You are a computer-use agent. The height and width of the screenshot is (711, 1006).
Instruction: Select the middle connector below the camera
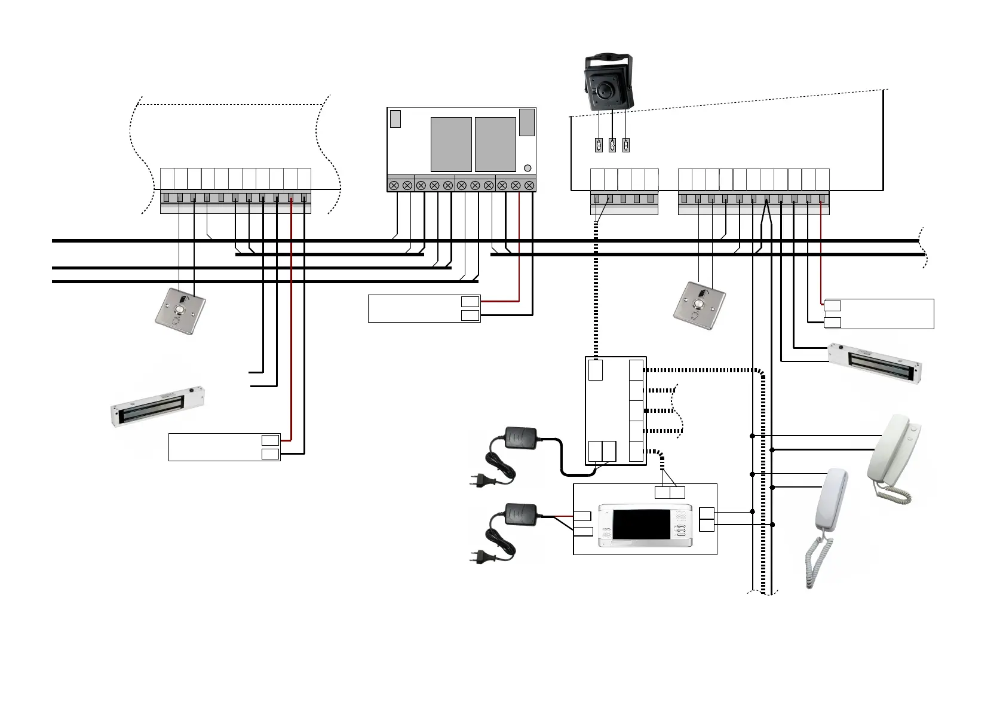(612, 145)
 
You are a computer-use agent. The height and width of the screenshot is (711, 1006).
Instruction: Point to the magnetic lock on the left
(159, 406)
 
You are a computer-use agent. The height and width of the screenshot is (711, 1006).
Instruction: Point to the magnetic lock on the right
(875, 363)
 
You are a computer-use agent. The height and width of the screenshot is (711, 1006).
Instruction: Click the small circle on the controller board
(527, 168)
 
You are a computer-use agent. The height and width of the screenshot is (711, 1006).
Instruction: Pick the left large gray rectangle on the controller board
(451, 144)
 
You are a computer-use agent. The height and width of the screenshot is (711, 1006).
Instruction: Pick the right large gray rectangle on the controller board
(495, 144)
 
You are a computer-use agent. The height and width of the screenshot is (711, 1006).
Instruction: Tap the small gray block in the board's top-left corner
(395, 118)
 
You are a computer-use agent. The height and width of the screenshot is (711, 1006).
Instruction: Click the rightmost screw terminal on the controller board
(529, 186)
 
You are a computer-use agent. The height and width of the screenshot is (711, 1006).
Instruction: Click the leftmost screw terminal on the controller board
(394, 186)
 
